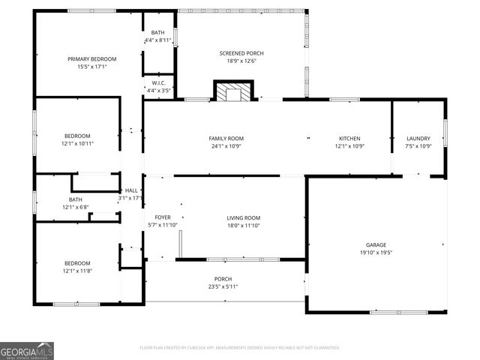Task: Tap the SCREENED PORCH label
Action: (241, 53)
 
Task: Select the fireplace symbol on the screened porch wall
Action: (230, 92)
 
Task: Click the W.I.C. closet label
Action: (158, 82)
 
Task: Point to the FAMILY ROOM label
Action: (226, 138)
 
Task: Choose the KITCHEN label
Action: (349, 138)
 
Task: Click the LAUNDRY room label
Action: (418, 138)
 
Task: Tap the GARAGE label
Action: (376, 245)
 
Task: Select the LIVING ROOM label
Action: (243, 217)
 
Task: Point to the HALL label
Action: (131, 190)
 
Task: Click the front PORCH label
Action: (223, 278)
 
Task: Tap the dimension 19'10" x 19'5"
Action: (376, 253)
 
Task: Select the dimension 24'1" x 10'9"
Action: (226, 146)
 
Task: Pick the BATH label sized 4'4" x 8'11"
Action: (157, 32)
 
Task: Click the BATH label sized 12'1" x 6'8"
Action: (76, 199)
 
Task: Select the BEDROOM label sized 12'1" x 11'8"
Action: (77, 262)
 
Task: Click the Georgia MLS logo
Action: (27, 350)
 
